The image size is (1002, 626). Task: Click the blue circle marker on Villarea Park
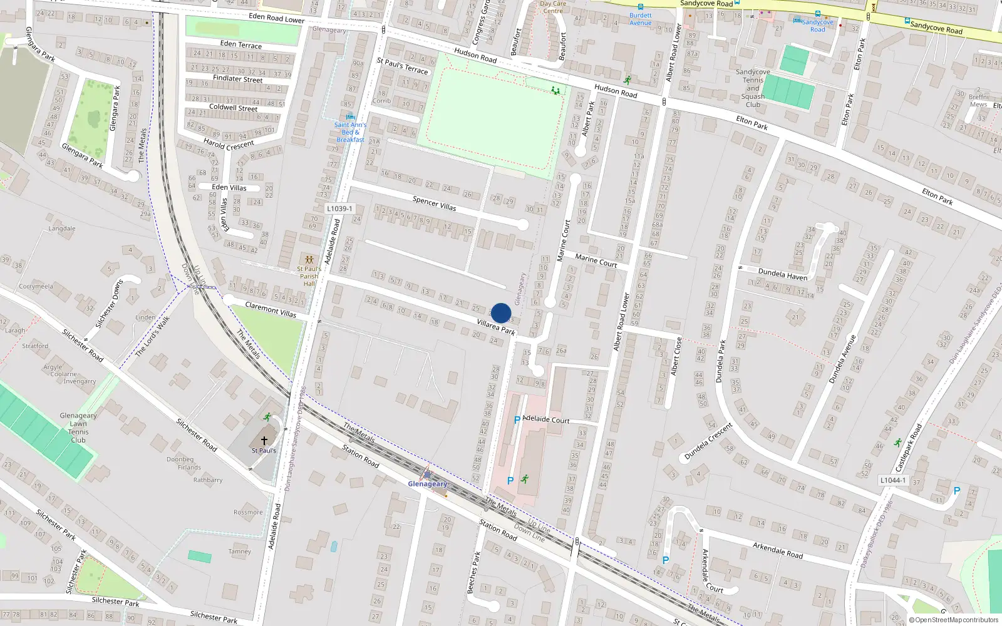(x=501, y=313)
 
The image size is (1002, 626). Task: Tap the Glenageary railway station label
(x=428, y=484)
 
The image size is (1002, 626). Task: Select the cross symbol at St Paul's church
(x=264, y=441)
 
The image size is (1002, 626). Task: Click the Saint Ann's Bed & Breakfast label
(x=350, y=132)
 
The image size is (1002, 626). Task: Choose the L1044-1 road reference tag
(x=893, y=480)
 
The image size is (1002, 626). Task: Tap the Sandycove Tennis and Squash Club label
(x=753, y=88)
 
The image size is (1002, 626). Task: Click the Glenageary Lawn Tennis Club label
(x=78, y=428)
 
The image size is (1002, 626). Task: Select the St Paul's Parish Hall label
(x=309, y=276)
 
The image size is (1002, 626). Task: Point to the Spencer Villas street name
(x=434, y=203)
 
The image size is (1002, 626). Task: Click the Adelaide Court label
(x=546, y=419)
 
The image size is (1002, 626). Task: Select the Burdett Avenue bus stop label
(x=641, y=19)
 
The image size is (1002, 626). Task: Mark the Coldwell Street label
(x=233, y=108)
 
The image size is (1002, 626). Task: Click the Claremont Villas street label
(x=271, y=309)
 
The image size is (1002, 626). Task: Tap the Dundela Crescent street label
(x=708, y=441)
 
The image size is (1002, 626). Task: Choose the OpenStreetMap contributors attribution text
(x=956, y=620)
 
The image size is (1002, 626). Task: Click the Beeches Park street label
(x=473, y=572)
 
